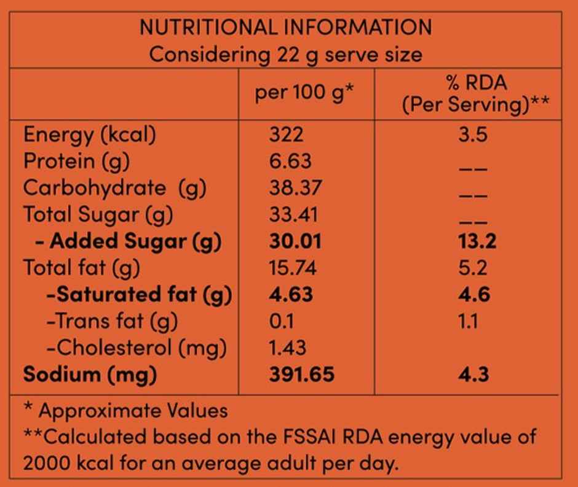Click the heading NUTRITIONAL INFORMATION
(x=286, y=27)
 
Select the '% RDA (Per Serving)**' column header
(x=475, y=93)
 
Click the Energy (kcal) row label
(x=90, y=135)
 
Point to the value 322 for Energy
(x=286, y=134)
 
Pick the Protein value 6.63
(x=290, y=161)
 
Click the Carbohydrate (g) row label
(x=114, y=189)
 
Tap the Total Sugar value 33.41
(x=293, y=214)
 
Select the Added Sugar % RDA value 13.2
(x=477, y=241)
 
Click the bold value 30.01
(x=295, y=241)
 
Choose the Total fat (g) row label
(x=81, y=268)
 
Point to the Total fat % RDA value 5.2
(x=473, y=268)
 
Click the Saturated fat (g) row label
(x=140, y=295)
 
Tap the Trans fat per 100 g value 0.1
(x=281, y=321)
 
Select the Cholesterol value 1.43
(x=288, y=348)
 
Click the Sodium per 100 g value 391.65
(x=301, y=375)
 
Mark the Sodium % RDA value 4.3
(x=473, y=375)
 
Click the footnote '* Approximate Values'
(x=125, y=410)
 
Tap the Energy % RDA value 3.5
(x=473, y=134)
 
